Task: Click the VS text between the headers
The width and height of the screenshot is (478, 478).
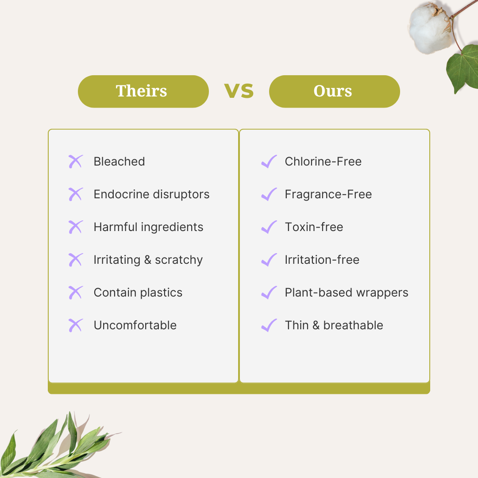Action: point(239,91)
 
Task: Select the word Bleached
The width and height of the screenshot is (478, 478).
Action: point(119,162)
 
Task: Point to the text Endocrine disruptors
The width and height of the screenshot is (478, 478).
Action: point(151,194)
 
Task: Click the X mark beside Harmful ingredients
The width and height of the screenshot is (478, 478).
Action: point(76,227)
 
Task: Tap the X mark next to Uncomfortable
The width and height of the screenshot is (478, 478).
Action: point(76,325)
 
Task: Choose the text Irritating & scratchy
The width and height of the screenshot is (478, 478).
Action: point(148,260)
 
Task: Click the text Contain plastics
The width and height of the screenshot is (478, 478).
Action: point(138,293)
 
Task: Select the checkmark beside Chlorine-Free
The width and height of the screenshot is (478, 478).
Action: point(269,162)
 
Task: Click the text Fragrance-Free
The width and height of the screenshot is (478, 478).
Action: point(328,194)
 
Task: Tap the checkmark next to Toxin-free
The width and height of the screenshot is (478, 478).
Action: point(269,227)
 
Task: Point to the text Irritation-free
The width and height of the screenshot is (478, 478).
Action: point(322,260)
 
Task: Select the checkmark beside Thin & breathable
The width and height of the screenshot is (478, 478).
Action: point(269,325)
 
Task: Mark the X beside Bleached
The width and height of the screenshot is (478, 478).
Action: point(76,162)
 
